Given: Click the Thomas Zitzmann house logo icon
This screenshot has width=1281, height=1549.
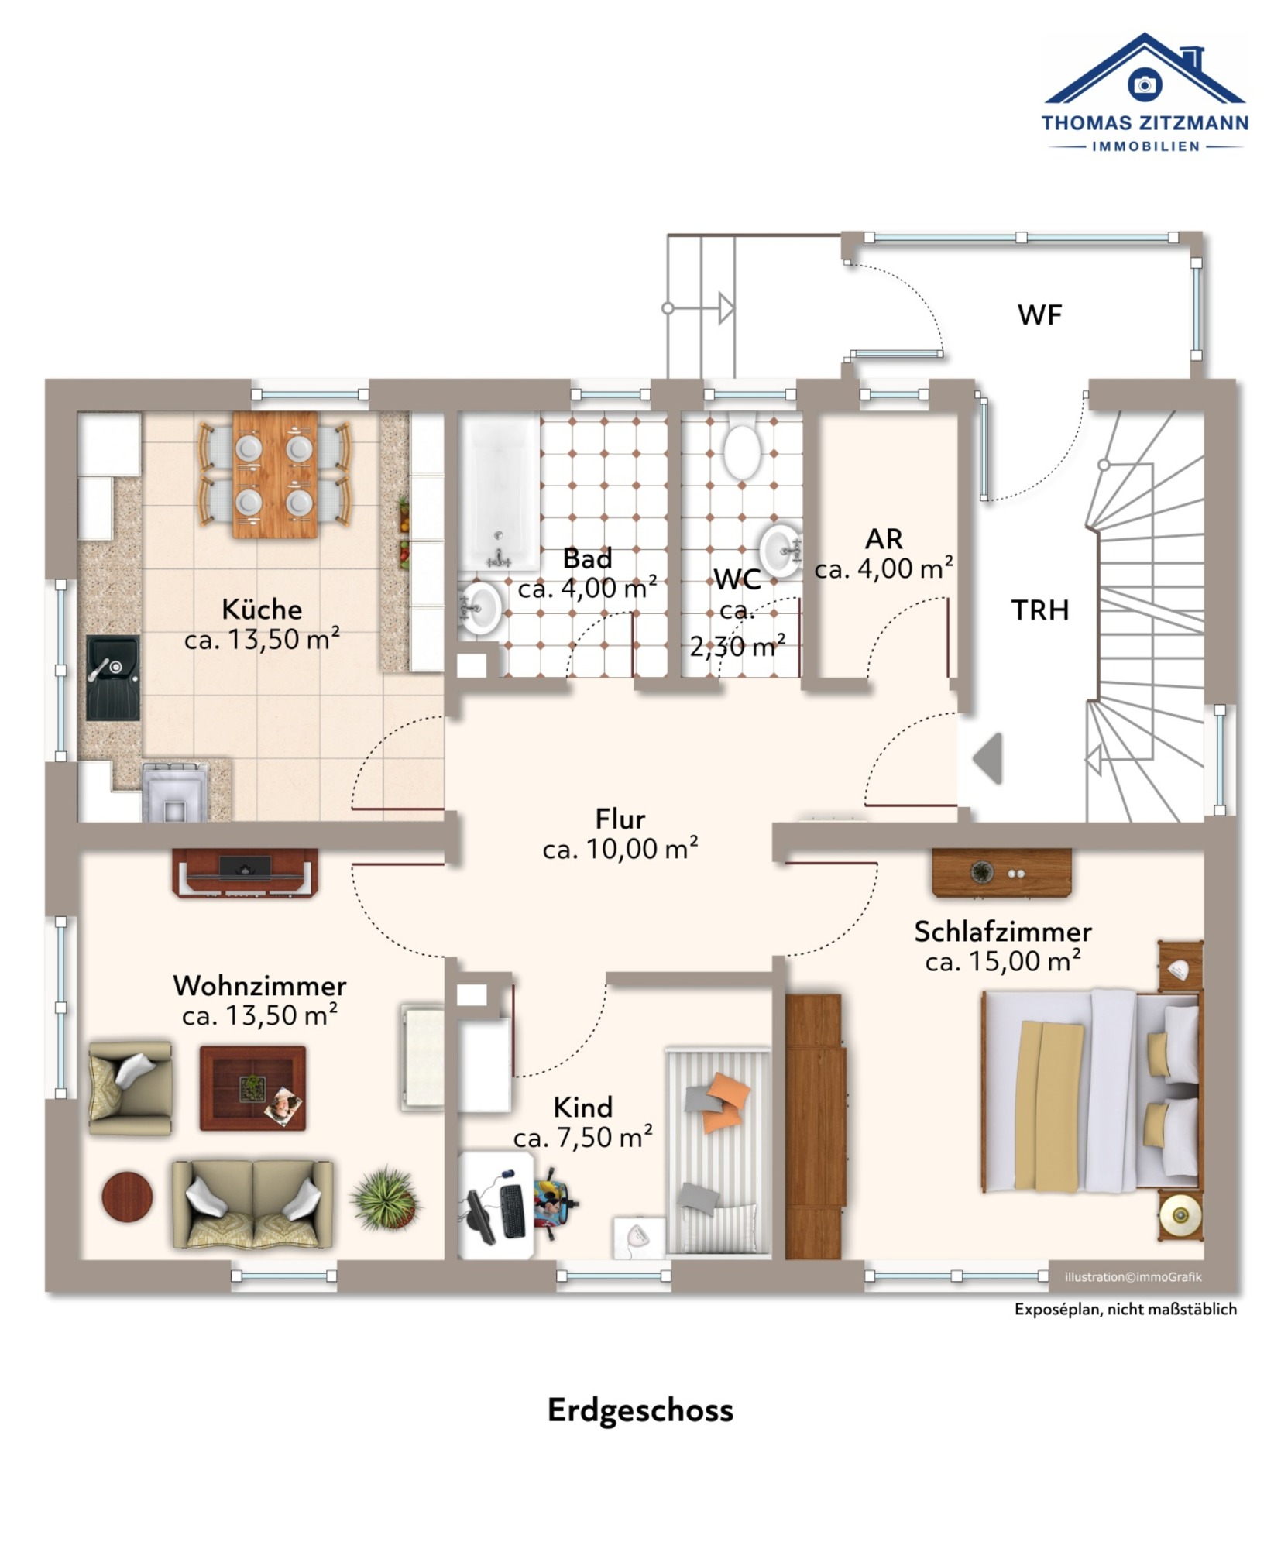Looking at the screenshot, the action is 1144,69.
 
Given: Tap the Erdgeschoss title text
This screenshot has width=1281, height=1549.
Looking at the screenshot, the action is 640,1410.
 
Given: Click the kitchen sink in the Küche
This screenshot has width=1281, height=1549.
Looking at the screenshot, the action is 112,678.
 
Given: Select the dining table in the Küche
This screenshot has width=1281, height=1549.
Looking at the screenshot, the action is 275,474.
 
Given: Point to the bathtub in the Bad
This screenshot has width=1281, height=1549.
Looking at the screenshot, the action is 500,492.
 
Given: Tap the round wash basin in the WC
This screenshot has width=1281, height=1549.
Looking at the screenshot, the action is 780,551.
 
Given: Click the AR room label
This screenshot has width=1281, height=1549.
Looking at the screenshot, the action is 884,538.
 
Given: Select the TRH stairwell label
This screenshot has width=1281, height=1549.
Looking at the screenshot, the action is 1040,610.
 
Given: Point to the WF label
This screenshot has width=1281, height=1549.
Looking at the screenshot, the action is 1039,314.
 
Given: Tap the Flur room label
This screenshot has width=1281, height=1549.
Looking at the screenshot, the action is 620,819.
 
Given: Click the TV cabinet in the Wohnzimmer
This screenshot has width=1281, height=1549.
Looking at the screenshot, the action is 245,873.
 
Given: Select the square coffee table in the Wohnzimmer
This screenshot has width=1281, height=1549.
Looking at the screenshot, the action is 252,1088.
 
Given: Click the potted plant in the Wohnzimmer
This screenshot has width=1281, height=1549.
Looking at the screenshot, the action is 385,1198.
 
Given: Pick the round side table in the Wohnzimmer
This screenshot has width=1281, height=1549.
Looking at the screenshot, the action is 127,1197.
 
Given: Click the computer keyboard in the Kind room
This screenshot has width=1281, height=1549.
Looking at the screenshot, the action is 512,1211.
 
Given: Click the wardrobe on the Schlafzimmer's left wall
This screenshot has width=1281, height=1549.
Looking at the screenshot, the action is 814,1127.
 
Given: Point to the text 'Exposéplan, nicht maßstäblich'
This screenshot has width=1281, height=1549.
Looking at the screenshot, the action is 1125,1309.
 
